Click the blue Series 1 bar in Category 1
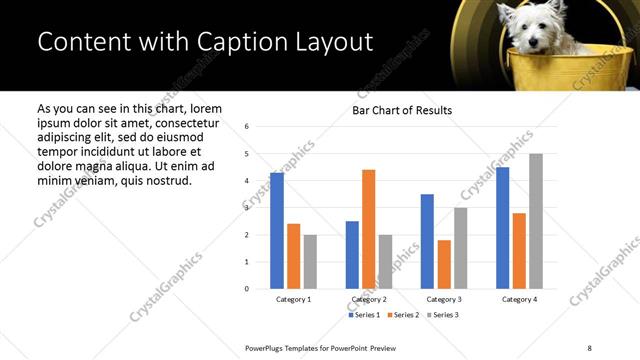coord(277,231)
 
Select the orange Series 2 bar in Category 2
coord(368,229)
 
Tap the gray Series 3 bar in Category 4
coord(536,221)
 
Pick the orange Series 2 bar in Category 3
coord(444,264)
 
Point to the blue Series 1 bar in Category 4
coord(502,228)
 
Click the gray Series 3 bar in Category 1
coord(310,262)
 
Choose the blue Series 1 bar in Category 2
coord(352,255)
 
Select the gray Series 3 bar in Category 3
coord(460,248)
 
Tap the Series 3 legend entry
coord(444,315)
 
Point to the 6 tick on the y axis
coord(247,127)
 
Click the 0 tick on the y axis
coord(247,289)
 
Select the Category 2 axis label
coord(369,300)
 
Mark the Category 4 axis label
coord(519,300)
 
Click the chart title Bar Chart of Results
coord(402,110)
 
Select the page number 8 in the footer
coord(589,347)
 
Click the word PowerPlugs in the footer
coord(269,347)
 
